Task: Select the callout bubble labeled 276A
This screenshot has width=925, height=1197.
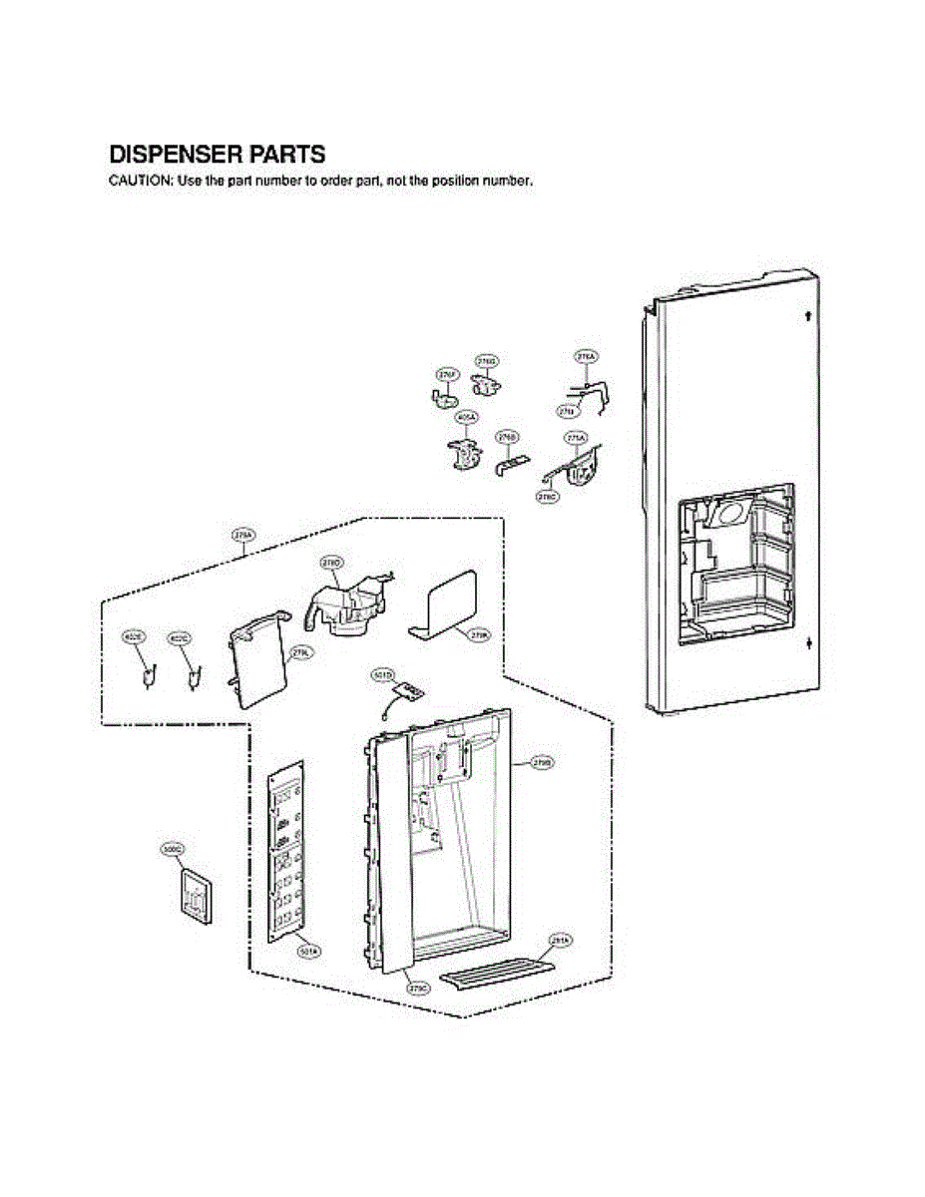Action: [586, 356]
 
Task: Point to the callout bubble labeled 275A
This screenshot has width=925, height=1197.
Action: [576, 437]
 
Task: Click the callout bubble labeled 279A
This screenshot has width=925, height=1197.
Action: [242, 535]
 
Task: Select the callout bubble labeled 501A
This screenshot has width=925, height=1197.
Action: [309, 952]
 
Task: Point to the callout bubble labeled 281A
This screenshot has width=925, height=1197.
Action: [560, 940]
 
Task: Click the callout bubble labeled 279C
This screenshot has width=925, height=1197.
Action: [419, 988]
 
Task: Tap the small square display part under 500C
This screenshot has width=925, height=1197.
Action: [196, 895]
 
